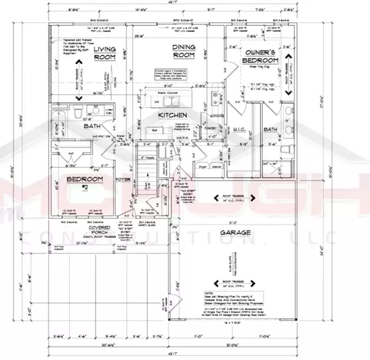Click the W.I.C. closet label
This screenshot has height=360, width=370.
(241, 128)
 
